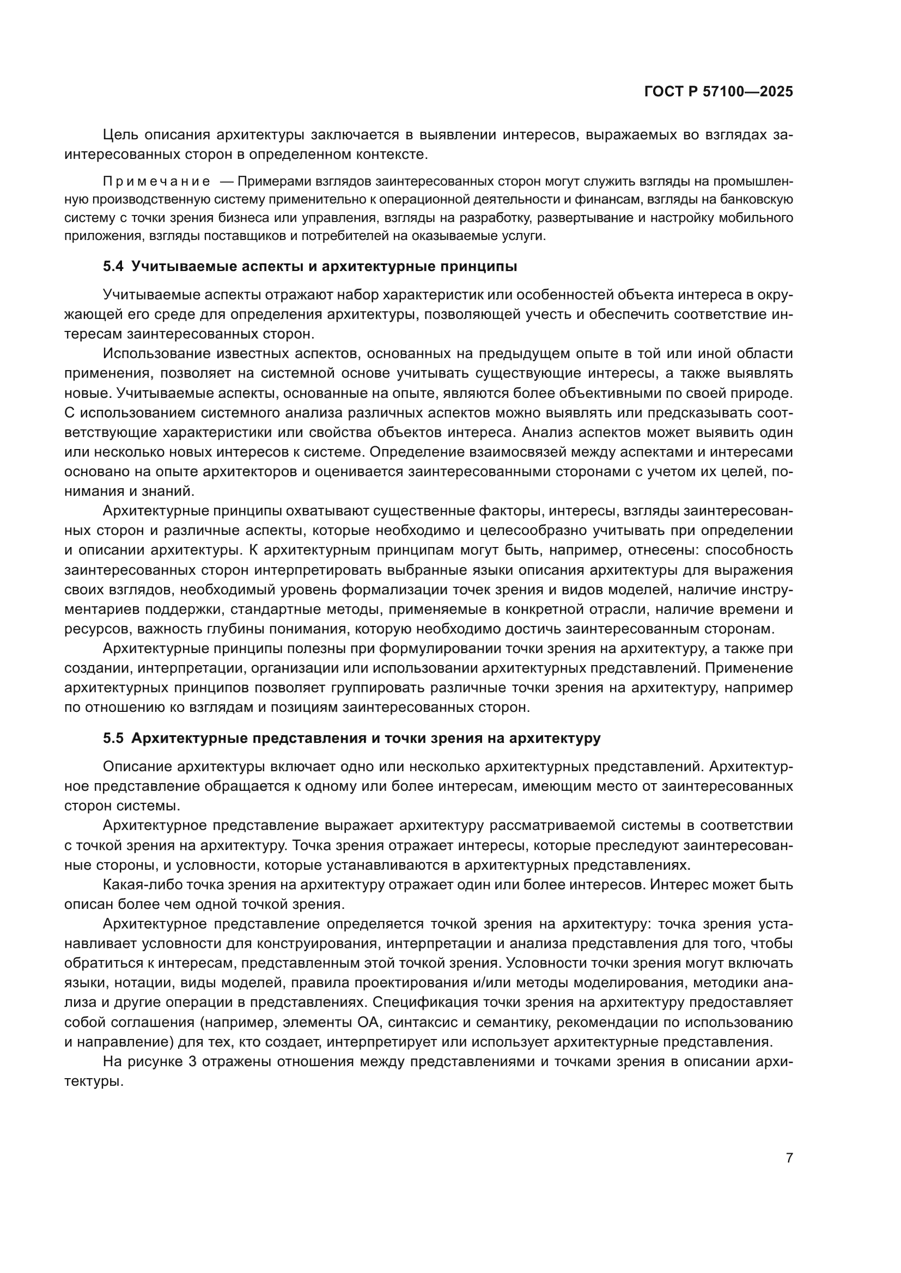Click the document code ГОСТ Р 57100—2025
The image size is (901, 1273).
(719, 92)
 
